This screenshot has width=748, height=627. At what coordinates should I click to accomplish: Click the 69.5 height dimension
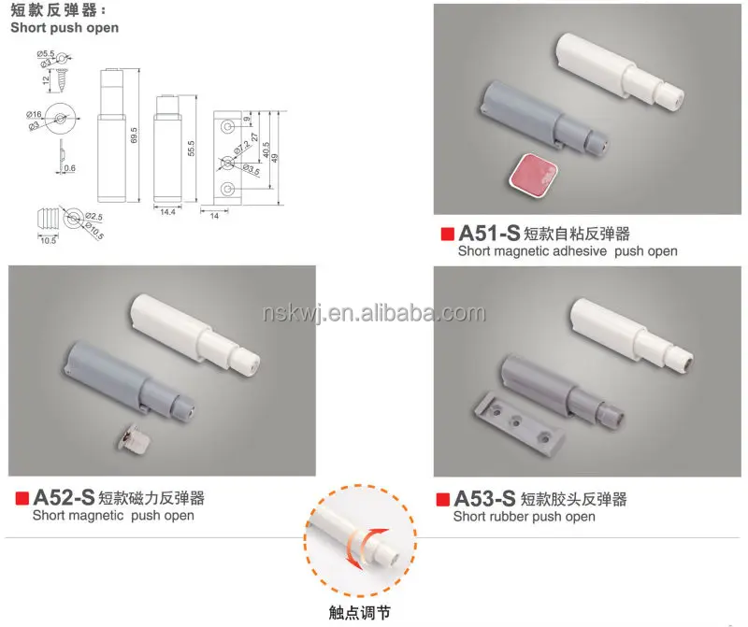click(x=135, y=134)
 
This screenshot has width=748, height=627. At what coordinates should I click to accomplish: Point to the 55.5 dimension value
click(x=191, y=148)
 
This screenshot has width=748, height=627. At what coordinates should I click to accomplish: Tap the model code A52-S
click(x=64, y=496)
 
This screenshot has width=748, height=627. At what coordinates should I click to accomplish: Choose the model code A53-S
click(x=484, y=498)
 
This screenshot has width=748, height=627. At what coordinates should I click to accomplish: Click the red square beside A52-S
click(x=21, y=496)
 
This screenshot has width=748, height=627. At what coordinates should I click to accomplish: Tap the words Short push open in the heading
click(x=65, y=28)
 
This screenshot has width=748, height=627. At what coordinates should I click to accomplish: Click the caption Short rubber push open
click(x=524, y=517)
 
